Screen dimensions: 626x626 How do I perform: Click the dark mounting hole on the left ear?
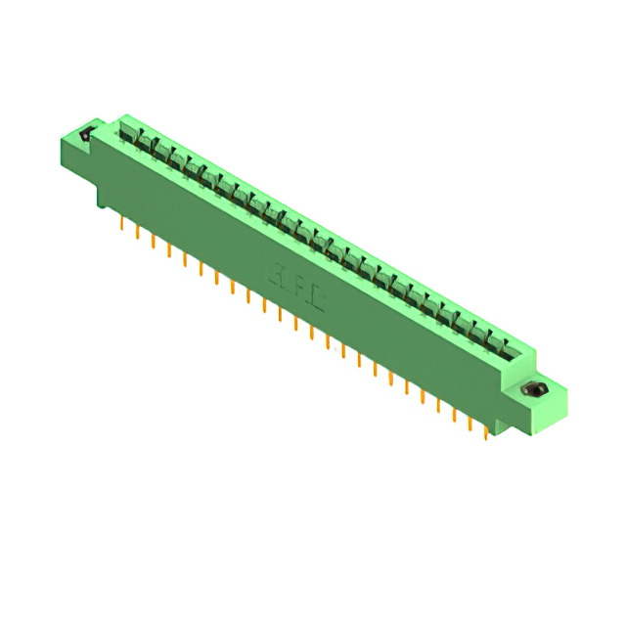[x=85, y=135]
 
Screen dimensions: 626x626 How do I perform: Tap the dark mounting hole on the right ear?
[x=534, y=391]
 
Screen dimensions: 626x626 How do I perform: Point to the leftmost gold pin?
[x=121, y=227]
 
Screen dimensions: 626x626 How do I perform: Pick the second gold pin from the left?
[x=138, y=236]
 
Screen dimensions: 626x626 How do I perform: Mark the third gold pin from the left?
[x=154, y=245]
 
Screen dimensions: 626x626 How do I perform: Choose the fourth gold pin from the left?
[x=169, y=252]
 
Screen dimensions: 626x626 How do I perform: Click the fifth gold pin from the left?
[x=185, y=261]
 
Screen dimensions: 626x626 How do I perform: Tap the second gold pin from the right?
[x=470, y=423]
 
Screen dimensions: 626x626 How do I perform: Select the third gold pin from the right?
[x=455, y=414]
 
